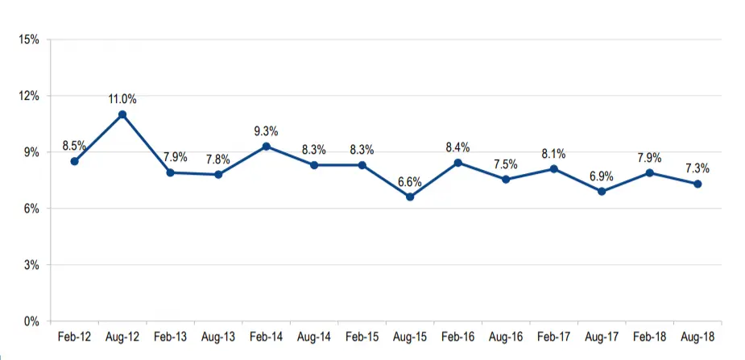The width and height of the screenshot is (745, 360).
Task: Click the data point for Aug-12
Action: pos(122,114)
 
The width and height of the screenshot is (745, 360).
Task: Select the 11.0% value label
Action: pos(122,99)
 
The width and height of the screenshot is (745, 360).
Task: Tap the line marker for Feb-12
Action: pos(74,161)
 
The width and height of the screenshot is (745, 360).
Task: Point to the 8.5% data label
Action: pos(74,146)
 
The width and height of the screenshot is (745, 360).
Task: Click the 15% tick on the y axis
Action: pos(30,39)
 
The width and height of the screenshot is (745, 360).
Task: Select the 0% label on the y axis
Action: pos(32,321)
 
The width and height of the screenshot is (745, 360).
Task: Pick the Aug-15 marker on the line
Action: pos(410,197)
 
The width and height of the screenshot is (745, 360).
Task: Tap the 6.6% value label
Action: pos(410,181)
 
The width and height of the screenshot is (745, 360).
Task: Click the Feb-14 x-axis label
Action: pos(266,337)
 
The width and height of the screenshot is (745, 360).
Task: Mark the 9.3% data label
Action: pos(266,130)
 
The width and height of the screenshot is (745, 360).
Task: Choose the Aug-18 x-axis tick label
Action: pos(697,337)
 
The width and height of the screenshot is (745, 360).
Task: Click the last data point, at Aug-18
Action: pos(697,184)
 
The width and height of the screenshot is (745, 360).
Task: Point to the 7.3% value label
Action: pos(697,168)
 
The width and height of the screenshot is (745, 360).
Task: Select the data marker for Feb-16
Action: pos(457,163)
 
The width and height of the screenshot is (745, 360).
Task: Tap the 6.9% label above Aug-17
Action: pos(602,176)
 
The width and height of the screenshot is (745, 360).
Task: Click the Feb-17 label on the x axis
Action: pos(553,337)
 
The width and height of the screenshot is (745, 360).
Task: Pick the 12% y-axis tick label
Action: pos(30,96)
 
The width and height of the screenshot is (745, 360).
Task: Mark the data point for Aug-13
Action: pos(218,174)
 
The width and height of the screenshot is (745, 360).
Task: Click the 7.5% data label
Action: pos(506,164)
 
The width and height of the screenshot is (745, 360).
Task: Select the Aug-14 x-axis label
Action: pos(314,337)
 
